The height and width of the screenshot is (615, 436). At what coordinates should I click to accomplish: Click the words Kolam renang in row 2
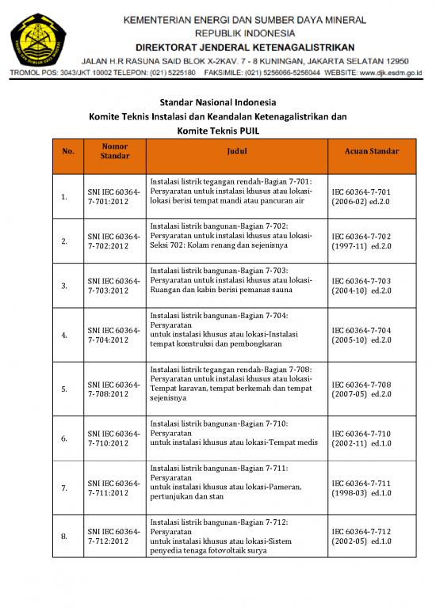[x=208, y=245]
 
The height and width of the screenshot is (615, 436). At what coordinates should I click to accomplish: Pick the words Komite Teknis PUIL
[x=218, y=131]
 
